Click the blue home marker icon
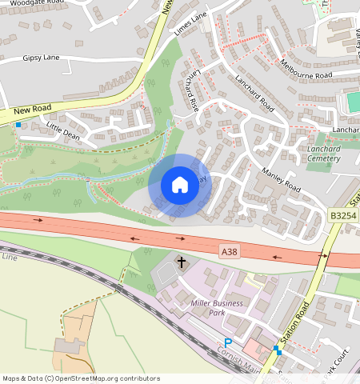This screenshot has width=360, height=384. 180,185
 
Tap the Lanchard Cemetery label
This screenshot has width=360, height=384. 322,154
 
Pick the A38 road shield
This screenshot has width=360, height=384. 230,251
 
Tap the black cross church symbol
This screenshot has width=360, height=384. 182,262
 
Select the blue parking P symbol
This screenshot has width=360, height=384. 228,342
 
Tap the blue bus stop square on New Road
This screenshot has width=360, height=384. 18,124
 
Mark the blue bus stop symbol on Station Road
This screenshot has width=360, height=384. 276,349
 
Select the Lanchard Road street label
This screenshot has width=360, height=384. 255,94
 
